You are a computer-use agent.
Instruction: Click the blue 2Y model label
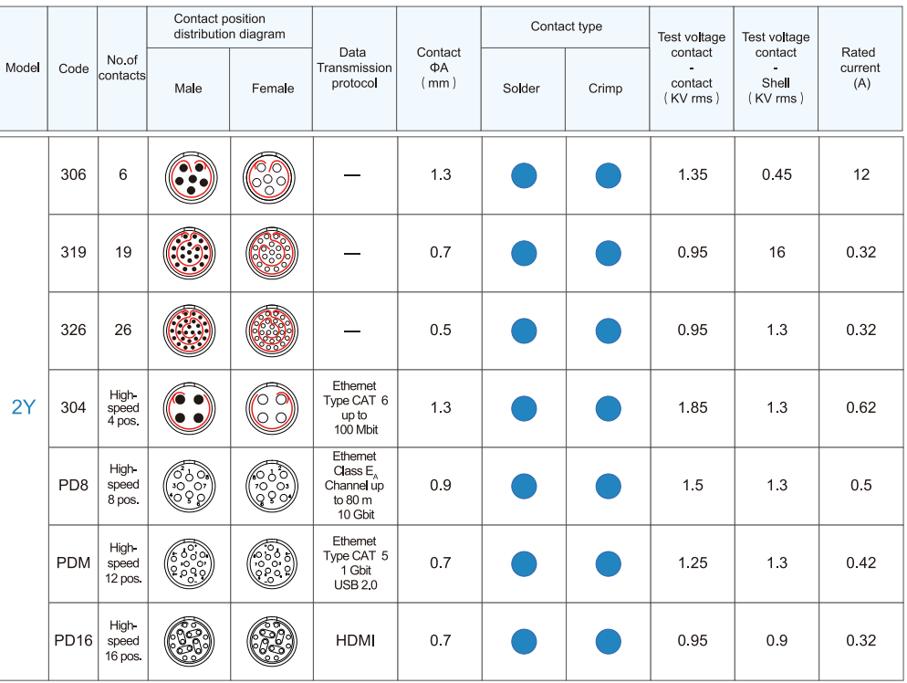click(x=23, y=407)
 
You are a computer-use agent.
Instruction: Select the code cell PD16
click(x=73, y=640)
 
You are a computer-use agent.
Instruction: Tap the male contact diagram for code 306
click(x=188, y=174)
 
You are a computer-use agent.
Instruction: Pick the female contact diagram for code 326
click(x=272, y=330)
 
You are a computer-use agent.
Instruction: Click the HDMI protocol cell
click(x=355, y=640)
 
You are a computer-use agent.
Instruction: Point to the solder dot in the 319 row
click(x=524, y=253)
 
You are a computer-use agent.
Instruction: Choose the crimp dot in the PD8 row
click(x=608, y=486)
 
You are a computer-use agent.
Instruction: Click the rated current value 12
click(x=861, y=174)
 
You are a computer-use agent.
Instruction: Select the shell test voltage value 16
click(x=777, y=252)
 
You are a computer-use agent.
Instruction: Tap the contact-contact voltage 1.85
click(x=693, y=407)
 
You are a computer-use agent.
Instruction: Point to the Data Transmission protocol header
click(x=354, y=68)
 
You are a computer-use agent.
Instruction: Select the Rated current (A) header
click(x=860, y=68)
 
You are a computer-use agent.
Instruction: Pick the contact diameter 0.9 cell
click(x=440, y=485)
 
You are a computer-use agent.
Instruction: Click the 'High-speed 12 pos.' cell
click(x=123, y=562)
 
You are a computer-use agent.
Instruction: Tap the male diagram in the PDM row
click(x=188, y=562)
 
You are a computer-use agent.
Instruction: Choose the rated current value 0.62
click(x=861, y=407)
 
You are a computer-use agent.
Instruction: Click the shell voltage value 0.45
click(x=777, y=174)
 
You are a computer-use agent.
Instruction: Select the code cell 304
click(x=73, y=407)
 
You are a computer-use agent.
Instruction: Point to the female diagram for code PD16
click(x=272, y=640)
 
